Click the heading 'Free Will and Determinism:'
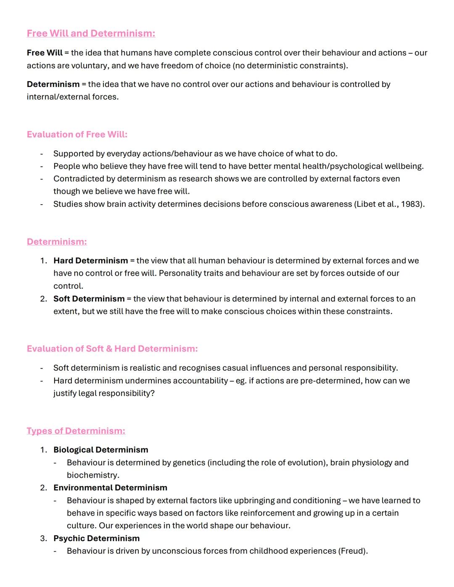coord(91,34)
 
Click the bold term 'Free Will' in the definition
coord(44,53)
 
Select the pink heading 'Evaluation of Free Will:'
coord(77,134)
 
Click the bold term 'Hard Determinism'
coord(90,261)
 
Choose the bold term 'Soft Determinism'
coord(89,299)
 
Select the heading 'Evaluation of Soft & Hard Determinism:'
coord(112,349)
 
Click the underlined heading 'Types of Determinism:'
coord(76,431)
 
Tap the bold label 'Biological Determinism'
coord(100,450)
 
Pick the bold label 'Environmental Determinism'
coord(110,488)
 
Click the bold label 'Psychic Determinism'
coord(96,538)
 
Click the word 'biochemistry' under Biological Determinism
coord(92,475)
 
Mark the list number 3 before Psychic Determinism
coord(43,538)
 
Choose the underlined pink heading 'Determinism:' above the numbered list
coord(57,242)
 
